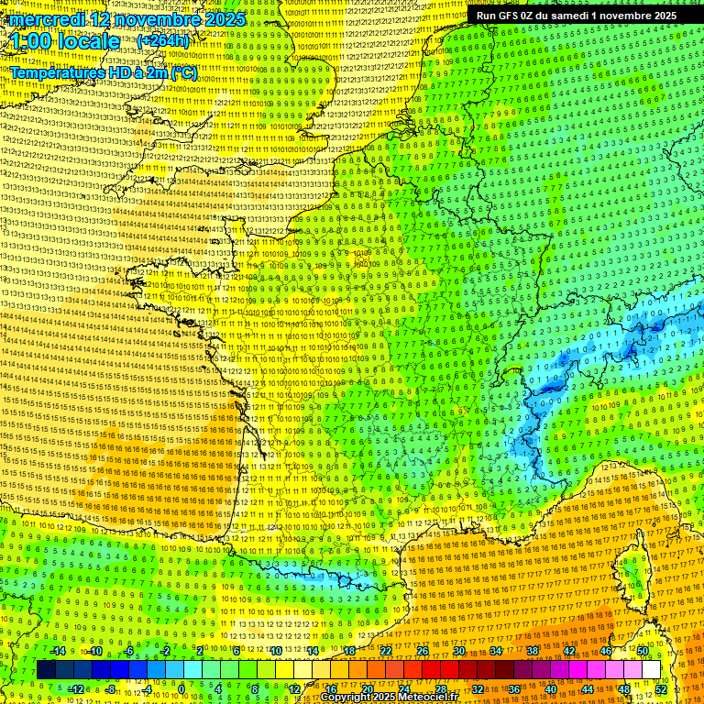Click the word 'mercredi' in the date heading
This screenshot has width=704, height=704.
[x=45, y=19]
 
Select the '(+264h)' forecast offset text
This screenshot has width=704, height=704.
[x=162, y=41]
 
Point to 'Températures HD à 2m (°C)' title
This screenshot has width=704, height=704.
[x=103, y=71]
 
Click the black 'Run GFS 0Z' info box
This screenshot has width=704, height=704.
[x=577, y=16]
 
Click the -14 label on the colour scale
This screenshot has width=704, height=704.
[x=57, y=651]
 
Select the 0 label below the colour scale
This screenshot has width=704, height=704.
[x=181, y=689]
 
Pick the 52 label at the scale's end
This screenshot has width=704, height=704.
[x=661, y=689]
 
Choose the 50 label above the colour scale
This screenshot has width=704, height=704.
[x=642, y=651]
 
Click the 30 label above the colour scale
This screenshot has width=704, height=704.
[x=459, y=651]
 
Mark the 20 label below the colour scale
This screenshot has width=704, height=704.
[x=367, y=689]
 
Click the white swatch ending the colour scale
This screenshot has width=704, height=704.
[x=651, y=670]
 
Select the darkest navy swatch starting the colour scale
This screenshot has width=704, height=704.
[x=46, y=670]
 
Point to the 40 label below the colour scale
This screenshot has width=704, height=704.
[x=550, y=689]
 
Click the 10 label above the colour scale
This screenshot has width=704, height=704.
[x=276, y=651]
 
